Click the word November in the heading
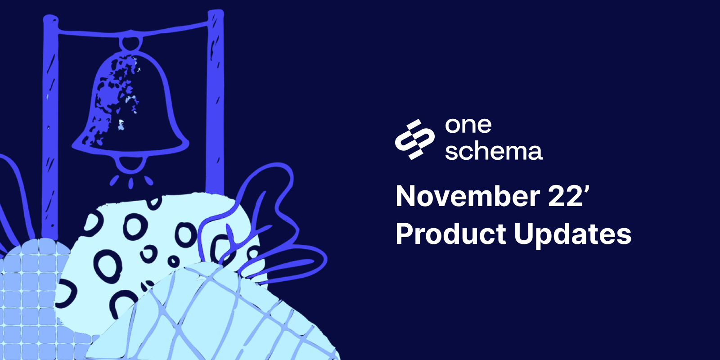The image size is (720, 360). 468,197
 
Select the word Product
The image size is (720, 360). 451,234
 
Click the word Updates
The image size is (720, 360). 572,234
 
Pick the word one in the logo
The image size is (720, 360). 468,126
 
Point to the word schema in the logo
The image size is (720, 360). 493,152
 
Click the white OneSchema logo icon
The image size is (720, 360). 414,139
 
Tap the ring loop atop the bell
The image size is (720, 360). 131,43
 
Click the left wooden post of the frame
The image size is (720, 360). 50,126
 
